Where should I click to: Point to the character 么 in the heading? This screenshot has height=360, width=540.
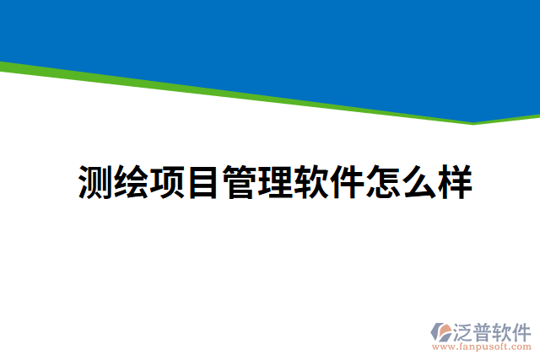(x=418, y=182)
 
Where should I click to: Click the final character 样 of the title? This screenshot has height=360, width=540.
(x=454, y=182)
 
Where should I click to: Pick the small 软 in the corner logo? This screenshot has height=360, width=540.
(x=504, y=330)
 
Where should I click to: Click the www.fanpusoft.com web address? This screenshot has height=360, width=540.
(x=481, y=347)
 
